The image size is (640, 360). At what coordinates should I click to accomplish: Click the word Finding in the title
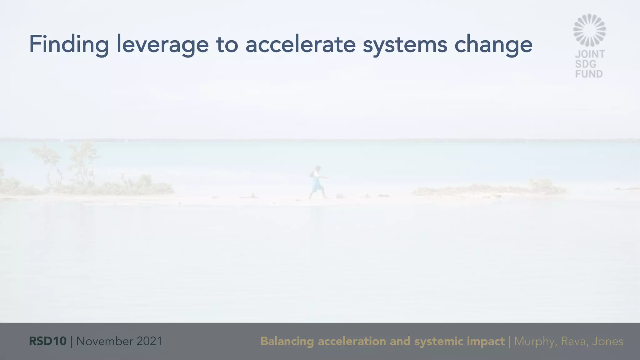pos(69,44)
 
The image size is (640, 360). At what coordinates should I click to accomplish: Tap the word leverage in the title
pos(162,44)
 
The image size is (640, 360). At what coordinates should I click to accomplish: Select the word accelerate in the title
pos(300,44)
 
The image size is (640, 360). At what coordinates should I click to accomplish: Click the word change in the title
pos(493,44)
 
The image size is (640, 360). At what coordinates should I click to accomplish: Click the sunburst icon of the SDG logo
pos(589,30)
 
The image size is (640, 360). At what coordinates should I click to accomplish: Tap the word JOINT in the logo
pos(590,54)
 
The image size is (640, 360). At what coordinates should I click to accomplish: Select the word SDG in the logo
pos(586,64)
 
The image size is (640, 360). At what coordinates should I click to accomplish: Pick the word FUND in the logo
pos(589,74)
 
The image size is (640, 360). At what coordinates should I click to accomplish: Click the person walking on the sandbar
pos(317,182)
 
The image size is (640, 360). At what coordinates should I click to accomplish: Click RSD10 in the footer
pos(47,341)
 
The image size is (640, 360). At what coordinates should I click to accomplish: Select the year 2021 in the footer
pos(149,341)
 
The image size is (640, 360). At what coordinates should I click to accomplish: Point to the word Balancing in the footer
pos(287,341)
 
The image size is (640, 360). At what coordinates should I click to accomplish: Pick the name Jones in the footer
pos(607,341)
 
